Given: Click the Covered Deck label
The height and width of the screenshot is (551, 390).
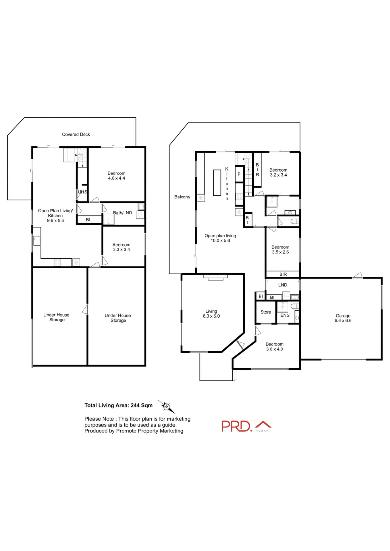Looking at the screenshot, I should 76,134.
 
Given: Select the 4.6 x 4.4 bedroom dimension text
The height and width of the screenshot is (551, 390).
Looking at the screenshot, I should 116,178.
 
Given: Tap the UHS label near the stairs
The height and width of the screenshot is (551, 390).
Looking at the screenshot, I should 82,192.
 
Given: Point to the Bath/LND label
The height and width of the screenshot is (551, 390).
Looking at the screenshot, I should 122,213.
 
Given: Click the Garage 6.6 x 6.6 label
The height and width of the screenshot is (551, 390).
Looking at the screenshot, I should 343,318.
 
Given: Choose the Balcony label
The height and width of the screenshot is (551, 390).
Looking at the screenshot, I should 182,197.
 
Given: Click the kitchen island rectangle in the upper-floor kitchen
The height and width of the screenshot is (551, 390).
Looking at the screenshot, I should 217,183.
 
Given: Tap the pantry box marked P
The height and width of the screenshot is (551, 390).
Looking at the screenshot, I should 239,174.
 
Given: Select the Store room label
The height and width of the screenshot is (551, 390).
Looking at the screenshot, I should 266,312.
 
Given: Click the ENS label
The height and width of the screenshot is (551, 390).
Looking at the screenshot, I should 285,315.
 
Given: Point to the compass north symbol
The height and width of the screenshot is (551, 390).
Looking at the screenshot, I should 166,406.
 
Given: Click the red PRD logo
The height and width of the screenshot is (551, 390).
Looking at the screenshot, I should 237,426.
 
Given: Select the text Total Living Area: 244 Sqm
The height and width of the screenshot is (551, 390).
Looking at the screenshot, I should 118,405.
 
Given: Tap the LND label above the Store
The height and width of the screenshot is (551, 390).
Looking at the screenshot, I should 283,285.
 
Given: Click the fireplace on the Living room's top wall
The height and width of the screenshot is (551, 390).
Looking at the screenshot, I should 215,277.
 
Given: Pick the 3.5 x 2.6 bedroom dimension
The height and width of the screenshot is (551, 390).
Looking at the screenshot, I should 280,252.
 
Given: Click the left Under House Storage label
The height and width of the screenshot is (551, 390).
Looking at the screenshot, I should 57,317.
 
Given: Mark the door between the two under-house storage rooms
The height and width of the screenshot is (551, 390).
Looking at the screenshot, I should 85,309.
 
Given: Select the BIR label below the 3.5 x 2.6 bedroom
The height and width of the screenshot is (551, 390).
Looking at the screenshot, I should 283,274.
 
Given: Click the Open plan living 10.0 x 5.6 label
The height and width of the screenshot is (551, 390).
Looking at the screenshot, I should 220,238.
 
